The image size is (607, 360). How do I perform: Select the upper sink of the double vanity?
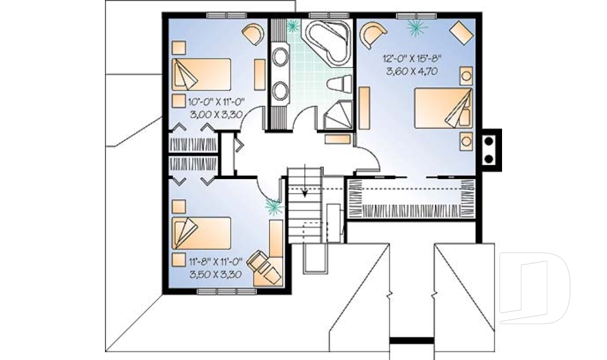click(x=279, y=56)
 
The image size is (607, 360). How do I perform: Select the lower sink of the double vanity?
click(x=279, y=90)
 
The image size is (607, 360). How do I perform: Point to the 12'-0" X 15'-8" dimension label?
click(x=412, y=59)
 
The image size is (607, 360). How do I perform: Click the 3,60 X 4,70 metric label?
click(x=412, y=71)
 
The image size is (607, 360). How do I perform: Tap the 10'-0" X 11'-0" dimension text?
click(x=218, y=102)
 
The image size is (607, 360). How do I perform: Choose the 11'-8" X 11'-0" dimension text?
click(x=215, y=261)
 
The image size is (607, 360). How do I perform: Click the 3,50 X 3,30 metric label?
click(x=216, y=275)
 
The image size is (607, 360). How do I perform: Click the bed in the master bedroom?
click(x=444, y=108)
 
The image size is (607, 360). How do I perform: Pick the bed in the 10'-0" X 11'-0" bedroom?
click(x=201, y=75)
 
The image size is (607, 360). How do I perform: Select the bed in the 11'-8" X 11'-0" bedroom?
click(x=201, y=233)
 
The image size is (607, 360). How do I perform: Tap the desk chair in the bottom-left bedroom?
click(x=265, y=266)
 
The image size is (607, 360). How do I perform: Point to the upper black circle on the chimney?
click(x=489, y=141)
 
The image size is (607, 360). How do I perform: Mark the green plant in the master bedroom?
click(x=417, y=28)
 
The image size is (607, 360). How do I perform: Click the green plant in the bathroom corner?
click(x=293, y=25)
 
